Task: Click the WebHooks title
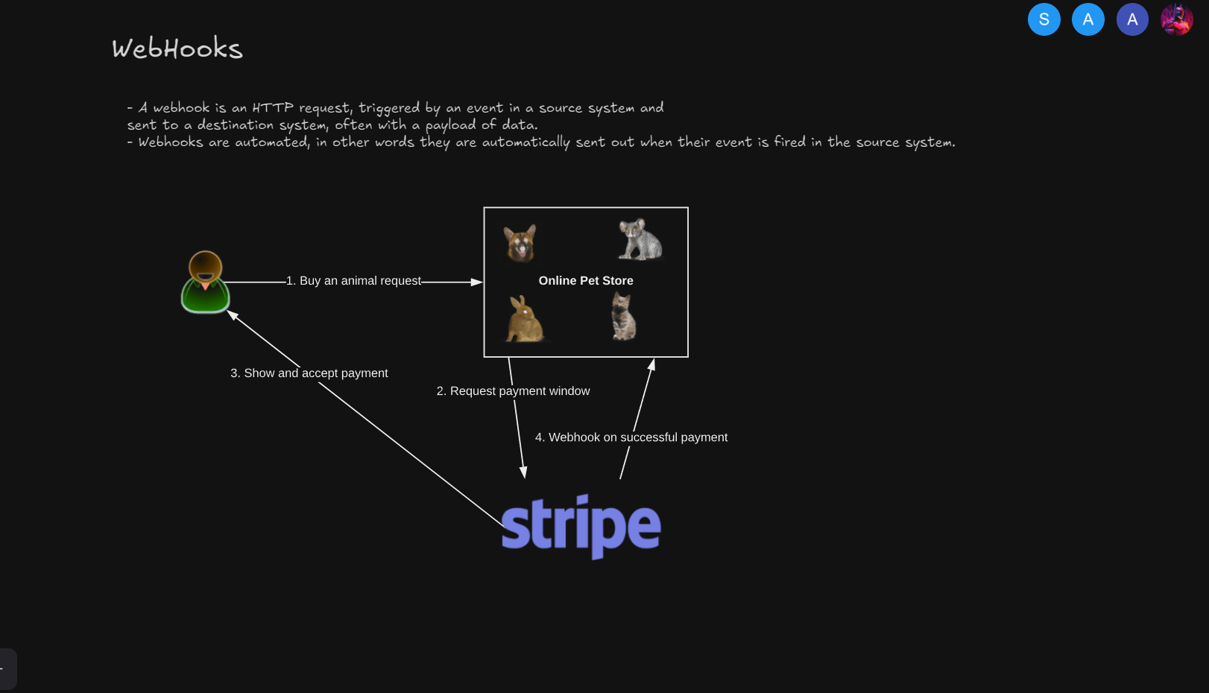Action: (x=177, y=48)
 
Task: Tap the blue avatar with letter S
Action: (x=1044, y=19)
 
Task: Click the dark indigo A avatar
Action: (x=1132, y=19)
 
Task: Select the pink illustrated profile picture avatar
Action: (x=1177, y=19)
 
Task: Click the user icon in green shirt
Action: (x=205, y=282)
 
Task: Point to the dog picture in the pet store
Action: (x=520, y=243)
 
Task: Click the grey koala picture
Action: (x=640, y=239)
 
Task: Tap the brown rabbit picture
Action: (x=525, y=319)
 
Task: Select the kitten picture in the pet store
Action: (x=623, y=316)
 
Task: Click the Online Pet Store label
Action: (x=586, y=281)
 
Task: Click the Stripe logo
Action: (x=581, y=526)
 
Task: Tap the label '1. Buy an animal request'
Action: (x=353, y=281)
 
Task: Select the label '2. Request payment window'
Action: (x=513, y=390)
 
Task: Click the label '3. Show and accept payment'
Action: (x=309, y=373)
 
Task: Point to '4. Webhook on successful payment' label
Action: (x=631, y=437)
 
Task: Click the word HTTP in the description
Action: (x=273, y=108)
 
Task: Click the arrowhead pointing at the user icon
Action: (x=232, y=315)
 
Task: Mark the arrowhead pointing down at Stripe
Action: (x=523, y=472)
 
